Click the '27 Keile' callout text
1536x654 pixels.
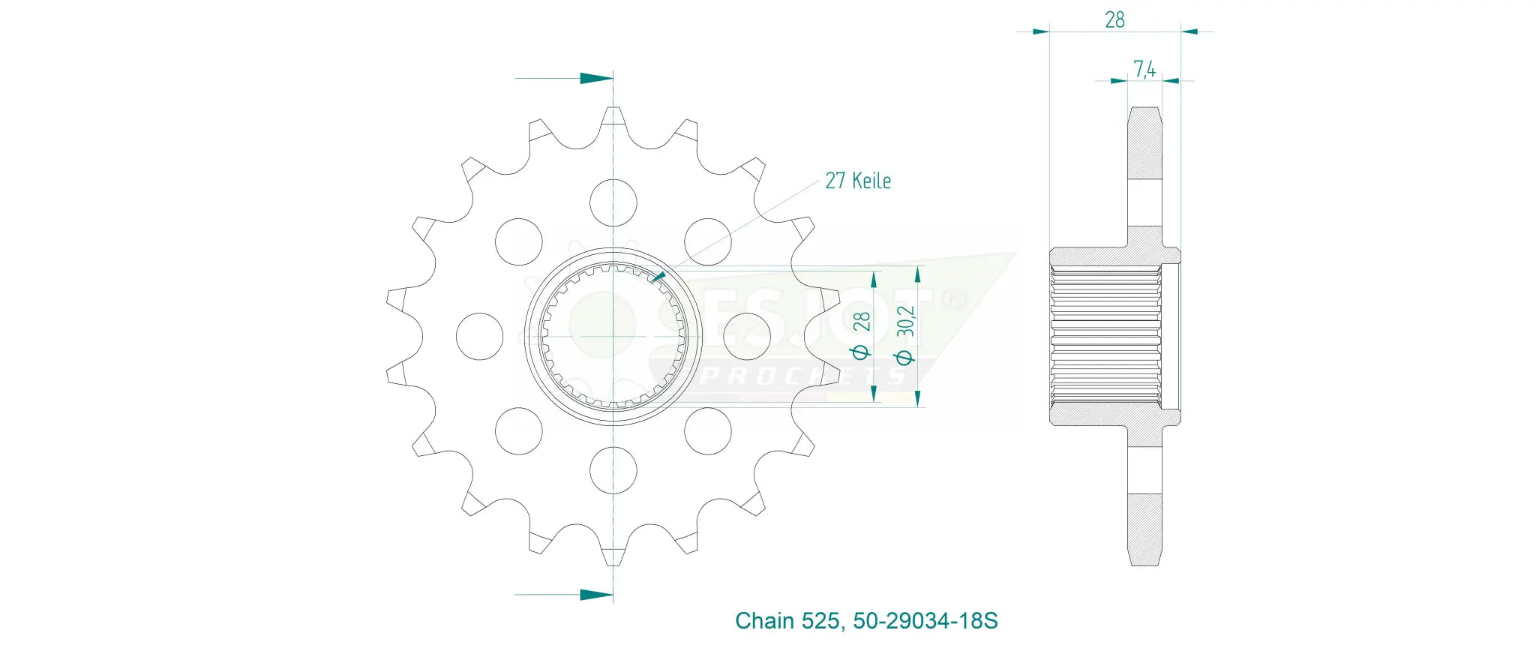click(858, 181)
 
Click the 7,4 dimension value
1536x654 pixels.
click(1144, 69)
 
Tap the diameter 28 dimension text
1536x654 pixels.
click(861, 334)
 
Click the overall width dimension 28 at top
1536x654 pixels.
click(1114, 20)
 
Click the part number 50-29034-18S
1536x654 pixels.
click(925, 621)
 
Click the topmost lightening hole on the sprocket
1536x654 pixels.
click(613, 202)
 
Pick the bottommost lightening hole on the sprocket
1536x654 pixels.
click(613, 470)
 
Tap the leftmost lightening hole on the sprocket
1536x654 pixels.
click(480, 336)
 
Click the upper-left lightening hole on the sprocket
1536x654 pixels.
click(519, 241)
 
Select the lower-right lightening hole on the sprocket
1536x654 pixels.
click(708, 430)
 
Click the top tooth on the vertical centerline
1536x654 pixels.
click(613, 120)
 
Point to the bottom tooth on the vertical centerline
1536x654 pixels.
click(613, 553)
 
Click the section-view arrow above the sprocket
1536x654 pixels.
click(596, 78)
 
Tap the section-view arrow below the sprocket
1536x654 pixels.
click(596, 595)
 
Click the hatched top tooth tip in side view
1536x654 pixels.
click(1144, 142)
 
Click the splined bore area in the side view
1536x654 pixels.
click(1105, 336)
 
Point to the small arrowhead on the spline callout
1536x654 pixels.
click(658, 277)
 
